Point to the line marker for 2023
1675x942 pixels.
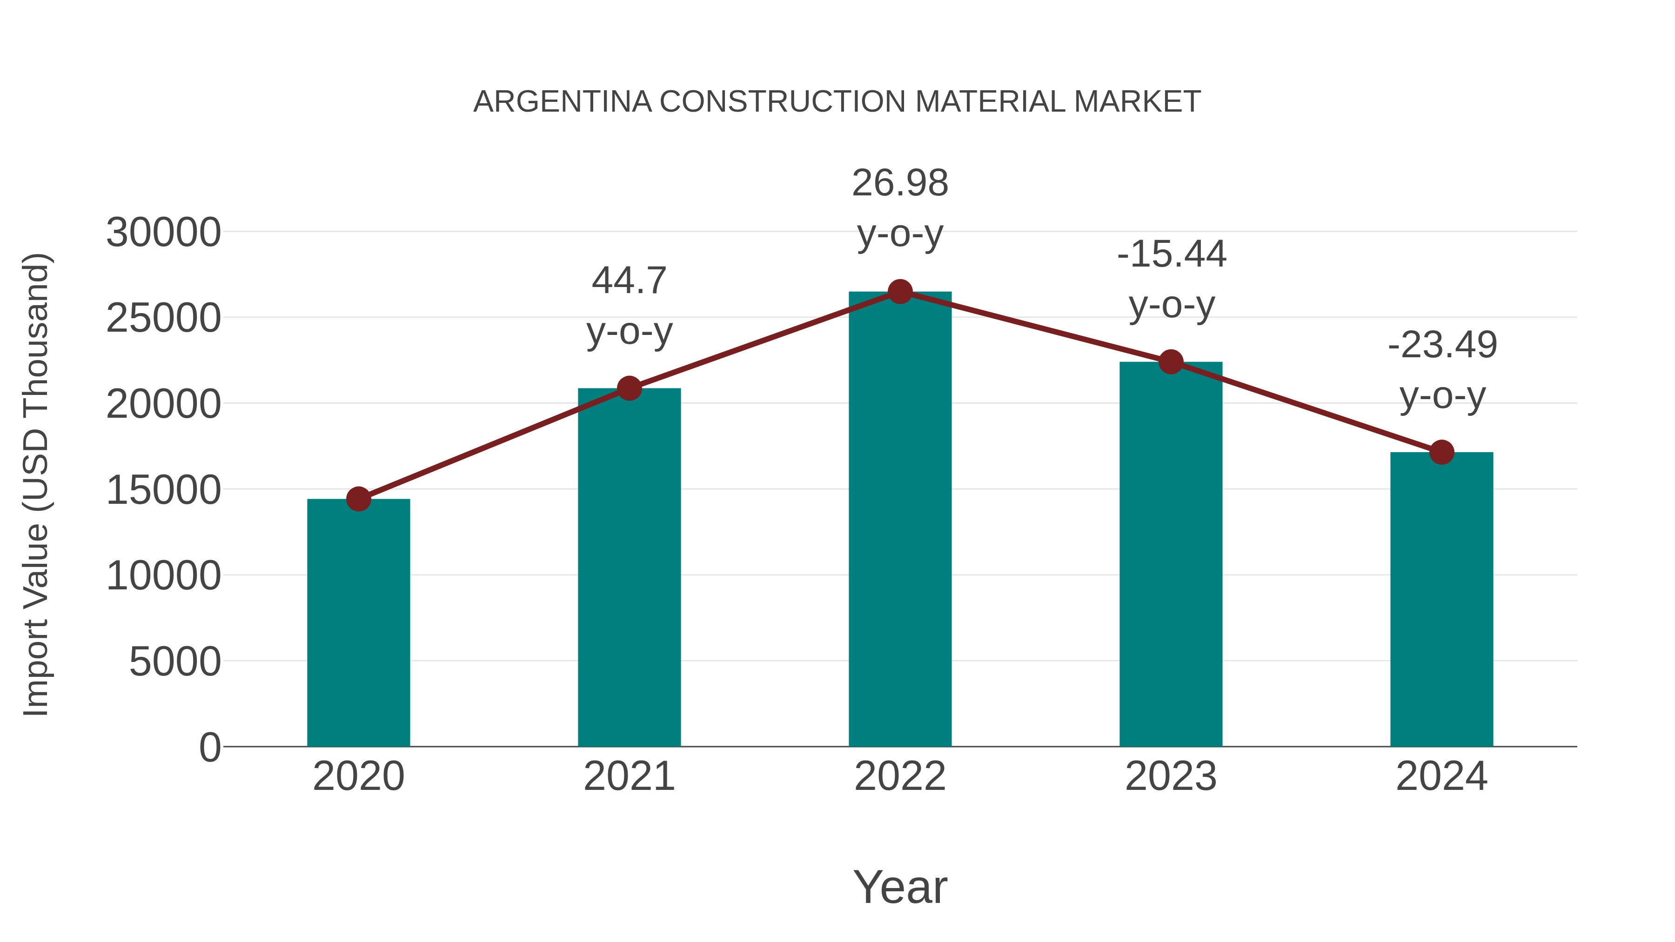1171,362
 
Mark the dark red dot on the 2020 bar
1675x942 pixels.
358,499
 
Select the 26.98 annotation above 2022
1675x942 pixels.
900,183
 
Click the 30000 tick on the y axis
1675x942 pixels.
163,233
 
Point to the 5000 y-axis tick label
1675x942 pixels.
175,662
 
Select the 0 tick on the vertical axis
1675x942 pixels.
210,748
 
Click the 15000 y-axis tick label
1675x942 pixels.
163,490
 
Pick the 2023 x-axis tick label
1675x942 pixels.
1171,776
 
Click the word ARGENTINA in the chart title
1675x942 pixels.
563,102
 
